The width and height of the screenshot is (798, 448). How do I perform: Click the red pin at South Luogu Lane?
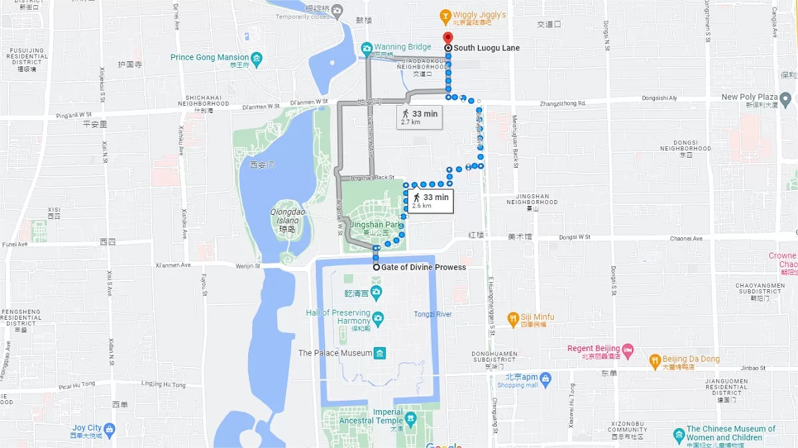point(448,37)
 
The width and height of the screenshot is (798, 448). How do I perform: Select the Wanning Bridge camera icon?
point(366,48)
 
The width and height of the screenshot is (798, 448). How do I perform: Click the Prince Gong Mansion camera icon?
point(257,58)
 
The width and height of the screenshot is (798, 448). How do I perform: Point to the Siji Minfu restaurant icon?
point(513,318)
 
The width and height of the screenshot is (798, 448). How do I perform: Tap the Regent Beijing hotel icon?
point(628,349)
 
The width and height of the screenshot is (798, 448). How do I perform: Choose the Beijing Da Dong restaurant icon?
point(654,360)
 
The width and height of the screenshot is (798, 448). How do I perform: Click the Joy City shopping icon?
point(109,429)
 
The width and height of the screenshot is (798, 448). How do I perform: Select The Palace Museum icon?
point(380,353)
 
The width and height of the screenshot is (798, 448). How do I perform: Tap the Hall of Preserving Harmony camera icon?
point(378,318)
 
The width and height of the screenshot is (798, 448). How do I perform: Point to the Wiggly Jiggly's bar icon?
point(446,15)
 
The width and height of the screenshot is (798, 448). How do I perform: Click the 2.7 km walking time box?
point(420,117)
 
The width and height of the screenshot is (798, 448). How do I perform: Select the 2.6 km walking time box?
point(430,200)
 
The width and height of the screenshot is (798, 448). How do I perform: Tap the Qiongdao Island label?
point(286,216)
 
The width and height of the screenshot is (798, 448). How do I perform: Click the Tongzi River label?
point(433,314)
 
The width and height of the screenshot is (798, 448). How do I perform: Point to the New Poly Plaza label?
point(749,97)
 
